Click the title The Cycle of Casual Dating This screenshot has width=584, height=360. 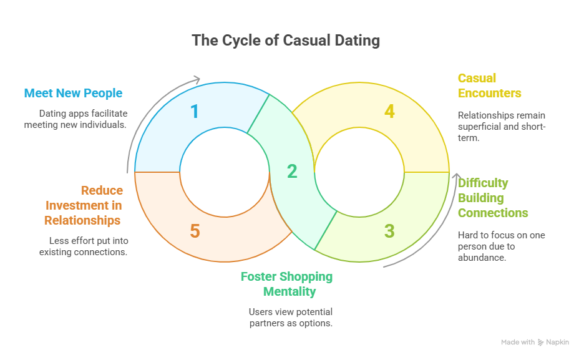coord(286,41)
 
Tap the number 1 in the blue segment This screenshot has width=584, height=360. coord(195,112)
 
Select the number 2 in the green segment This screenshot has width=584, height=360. coord(292,172)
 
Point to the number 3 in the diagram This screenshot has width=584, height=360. coord(389,231)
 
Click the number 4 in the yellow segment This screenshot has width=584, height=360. coord(389,112)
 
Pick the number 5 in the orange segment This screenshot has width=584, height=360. coord(195,231)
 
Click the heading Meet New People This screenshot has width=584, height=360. coord(73,94)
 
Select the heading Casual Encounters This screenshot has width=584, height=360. coord(489,85)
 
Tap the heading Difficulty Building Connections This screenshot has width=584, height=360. coord(493,198)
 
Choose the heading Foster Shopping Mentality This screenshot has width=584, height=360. coord(287,284)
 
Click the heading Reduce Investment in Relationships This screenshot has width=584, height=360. coord(83,205)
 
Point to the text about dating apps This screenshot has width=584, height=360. coord(75,119)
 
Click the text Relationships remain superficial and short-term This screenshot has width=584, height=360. coord(502,127)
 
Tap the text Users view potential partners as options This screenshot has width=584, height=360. coord(291,317)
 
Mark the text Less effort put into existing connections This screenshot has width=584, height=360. coord(83,246)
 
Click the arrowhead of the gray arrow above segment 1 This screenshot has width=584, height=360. coord(198,79)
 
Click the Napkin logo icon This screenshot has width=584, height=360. coord(540,343)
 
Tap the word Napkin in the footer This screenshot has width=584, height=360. coord(557,343)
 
